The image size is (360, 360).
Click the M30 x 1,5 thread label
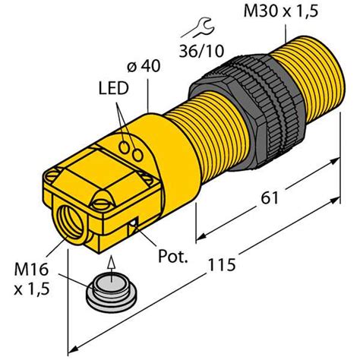coord(280,11)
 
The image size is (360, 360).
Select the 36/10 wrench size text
coord(201,51)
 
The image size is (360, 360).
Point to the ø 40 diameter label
coord(144,67)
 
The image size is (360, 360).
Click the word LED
coord(114,88)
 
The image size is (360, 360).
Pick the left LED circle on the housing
coord(125,147)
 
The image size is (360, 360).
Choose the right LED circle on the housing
coord(137,155)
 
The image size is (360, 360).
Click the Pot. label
coord(173,257)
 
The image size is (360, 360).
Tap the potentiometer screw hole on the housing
coord(133,224)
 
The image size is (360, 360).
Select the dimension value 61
coord(270,197)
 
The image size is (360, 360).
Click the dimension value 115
coord(222,264)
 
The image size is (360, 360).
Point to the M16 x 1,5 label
coord(31,279)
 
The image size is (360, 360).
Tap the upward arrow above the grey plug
coord(111,268)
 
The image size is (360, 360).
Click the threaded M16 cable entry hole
coord(71,223)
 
